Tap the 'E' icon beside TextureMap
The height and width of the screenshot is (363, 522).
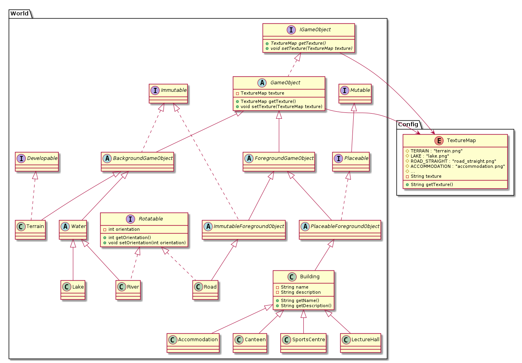point(438,141)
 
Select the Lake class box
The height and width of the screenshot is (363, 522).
point(73,290)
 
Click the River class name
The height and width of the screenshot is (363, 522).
point(133,287)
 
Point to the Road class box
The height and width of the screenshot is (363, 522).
point(205,290)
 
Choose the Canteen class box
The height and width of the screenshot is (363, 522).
point(250,342)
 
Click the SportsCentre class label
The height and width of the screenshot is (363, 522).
point(309,340)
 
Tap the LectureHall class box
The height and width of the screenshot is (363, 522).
point(360,342)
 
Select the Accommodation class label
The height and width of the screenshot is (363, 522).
point(198,340)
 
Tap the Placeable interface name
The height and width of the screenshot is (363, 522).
point(356,158)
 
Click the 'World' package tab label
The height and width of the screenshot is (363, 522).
point(19,14)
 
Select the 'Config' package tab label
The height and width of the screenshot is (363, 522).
point(408,125)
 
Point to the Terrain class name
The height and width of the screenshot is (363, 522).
point(35,226)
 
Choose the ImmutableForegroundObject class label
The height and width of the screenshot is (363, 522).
point(249,226)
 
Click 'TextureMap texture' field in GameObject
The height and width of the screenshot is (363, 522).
point(262,93)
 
